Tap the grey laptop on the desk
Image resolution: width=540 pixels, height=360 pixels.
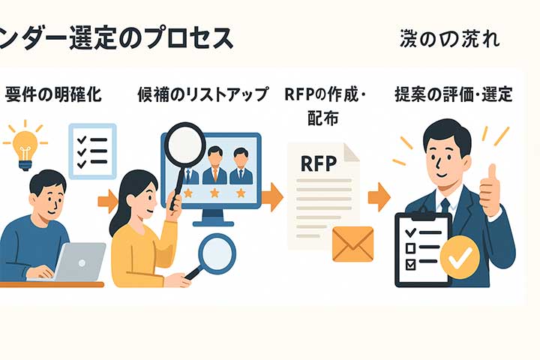[79, 262]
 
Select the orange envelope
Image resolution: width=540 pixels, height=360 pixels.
[352, 244]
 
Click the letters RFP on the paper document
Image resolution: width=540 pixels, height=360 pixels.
[319, 163]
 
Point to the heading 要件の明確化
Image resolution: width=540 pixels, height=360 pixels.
[53, 95]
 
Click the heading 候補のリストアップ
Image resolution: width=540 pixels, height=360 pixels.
[202, 95]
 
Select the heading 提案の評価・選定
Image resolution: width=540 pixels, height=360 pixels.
[453, 95]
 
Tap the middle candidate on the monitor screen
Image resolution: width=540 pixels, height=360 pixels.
[214, 166]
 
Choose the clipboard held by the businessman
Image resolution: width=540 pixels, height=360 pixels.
[421, 252]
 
